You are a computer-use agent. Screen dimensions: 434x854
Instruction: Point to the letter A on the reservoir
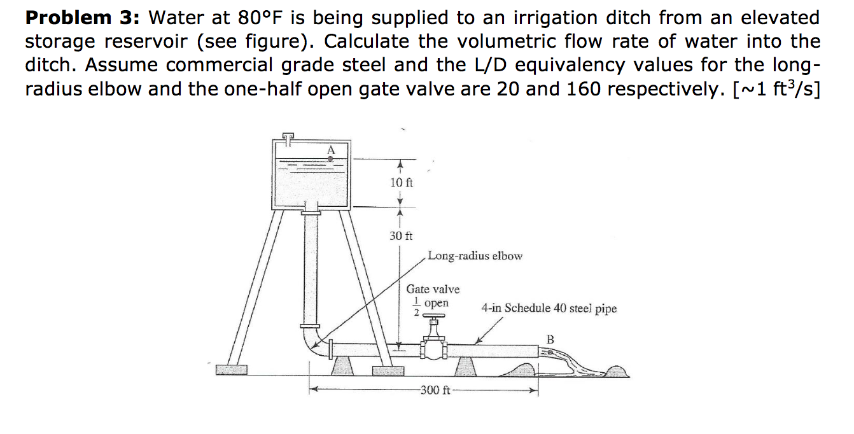330,150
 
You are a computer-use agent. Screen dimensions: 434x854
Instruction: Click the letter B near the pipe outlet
550,339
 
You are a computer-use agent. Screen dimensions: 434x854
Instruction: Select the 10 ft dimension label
401,183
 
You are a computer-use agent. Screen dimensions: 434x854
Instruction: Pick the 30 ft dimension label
401,236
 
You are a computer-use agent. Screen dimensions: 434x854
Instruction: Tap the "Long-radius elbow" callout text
475,256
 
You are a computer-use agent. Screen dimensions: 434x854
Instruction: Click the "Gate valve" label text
433,289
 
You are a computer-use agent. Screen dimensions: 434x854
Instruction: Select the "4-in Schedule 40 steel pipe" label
549,309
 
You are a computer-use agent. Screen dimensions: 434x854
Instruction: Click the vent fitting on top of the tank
288,136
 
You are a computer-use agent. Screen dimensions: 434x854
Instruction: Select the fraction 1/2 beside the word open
416,306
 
